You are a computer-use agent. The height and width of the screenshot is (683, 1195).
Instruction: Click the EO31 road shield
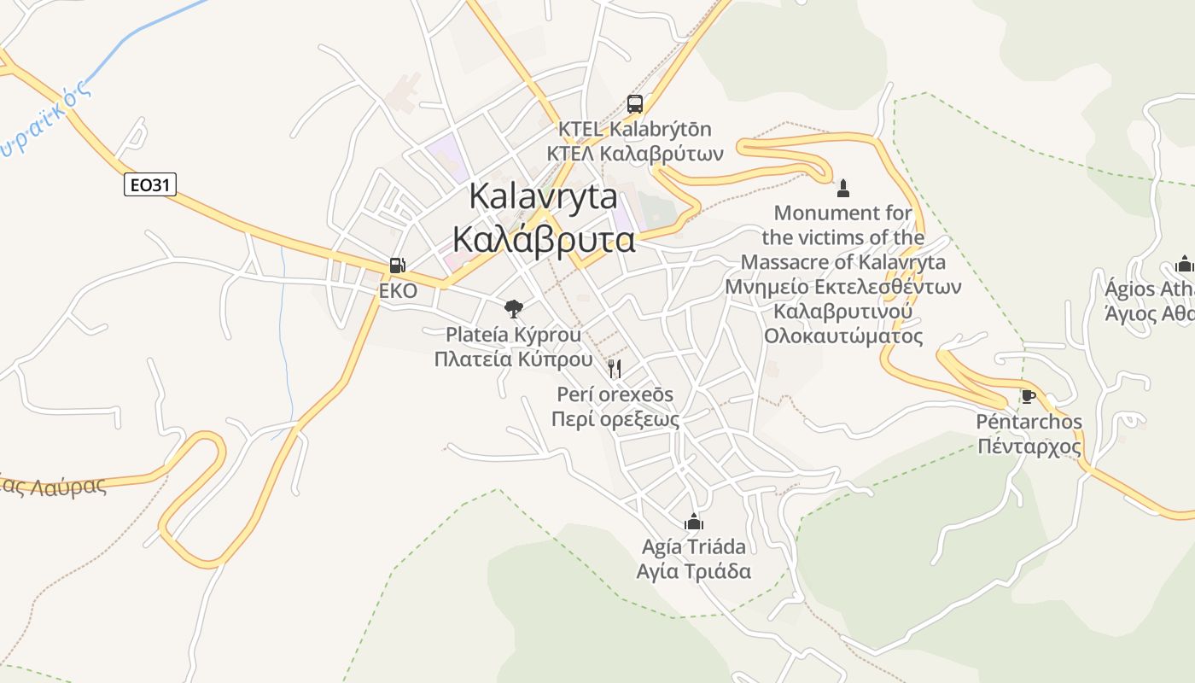click(150, 184)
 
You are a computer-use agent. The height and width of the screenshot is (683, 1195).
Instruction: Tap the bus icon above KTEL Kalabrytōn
click(635, 104)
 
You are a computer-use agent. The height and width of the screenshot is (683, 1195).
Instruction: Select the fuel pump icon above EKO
click(397, 266)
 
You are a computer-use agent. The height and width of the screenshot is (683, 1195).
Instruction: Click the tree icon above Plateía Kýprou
click(514, 308)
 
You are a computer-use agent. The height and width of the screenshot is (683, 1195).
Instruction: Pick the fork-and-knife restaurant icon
click(615, 369)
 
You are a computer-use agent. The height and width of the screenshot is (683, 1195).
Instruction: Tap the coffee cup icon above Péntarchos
click(1028, 397)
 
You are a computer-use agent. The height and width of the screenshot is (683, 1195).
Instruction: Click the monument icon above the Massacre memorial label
click(843, 188)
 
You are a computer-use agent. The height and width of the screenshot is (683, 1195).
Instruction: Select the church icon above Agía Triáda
click(694, 521)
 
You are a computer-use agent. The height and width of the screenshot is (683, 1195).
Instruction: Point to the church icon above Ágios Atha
click(1184, 263)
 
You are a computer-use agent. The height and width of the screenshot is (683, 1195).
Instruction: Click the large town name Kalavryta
click(544, 197)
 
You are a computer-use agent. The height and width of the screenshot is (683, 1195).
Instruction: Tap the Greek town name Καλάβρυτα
click(544, 240)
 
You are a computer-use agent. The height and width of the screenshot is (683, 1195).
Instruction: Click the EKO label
click(398, 291)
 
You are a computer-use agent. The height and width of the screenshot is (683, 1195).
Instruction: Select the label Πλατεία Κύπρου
click(513, 359)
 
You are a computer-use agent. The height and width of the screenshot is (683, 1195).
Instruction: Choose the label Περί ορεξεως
click(615, 419)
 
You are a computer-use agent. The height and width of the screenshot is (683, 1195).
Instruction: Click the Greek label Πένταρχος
click(1029, 447)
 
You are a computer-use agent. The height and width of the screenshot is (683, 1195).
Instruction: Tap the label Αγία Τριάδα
click(694, 571)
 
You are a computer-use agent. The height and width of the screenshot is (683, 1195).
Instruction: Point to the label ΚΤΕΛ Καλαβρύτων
click(635, 154)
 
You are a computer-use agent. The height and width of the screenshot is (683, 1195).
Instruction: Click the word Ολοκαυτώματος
click(843, 336)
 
